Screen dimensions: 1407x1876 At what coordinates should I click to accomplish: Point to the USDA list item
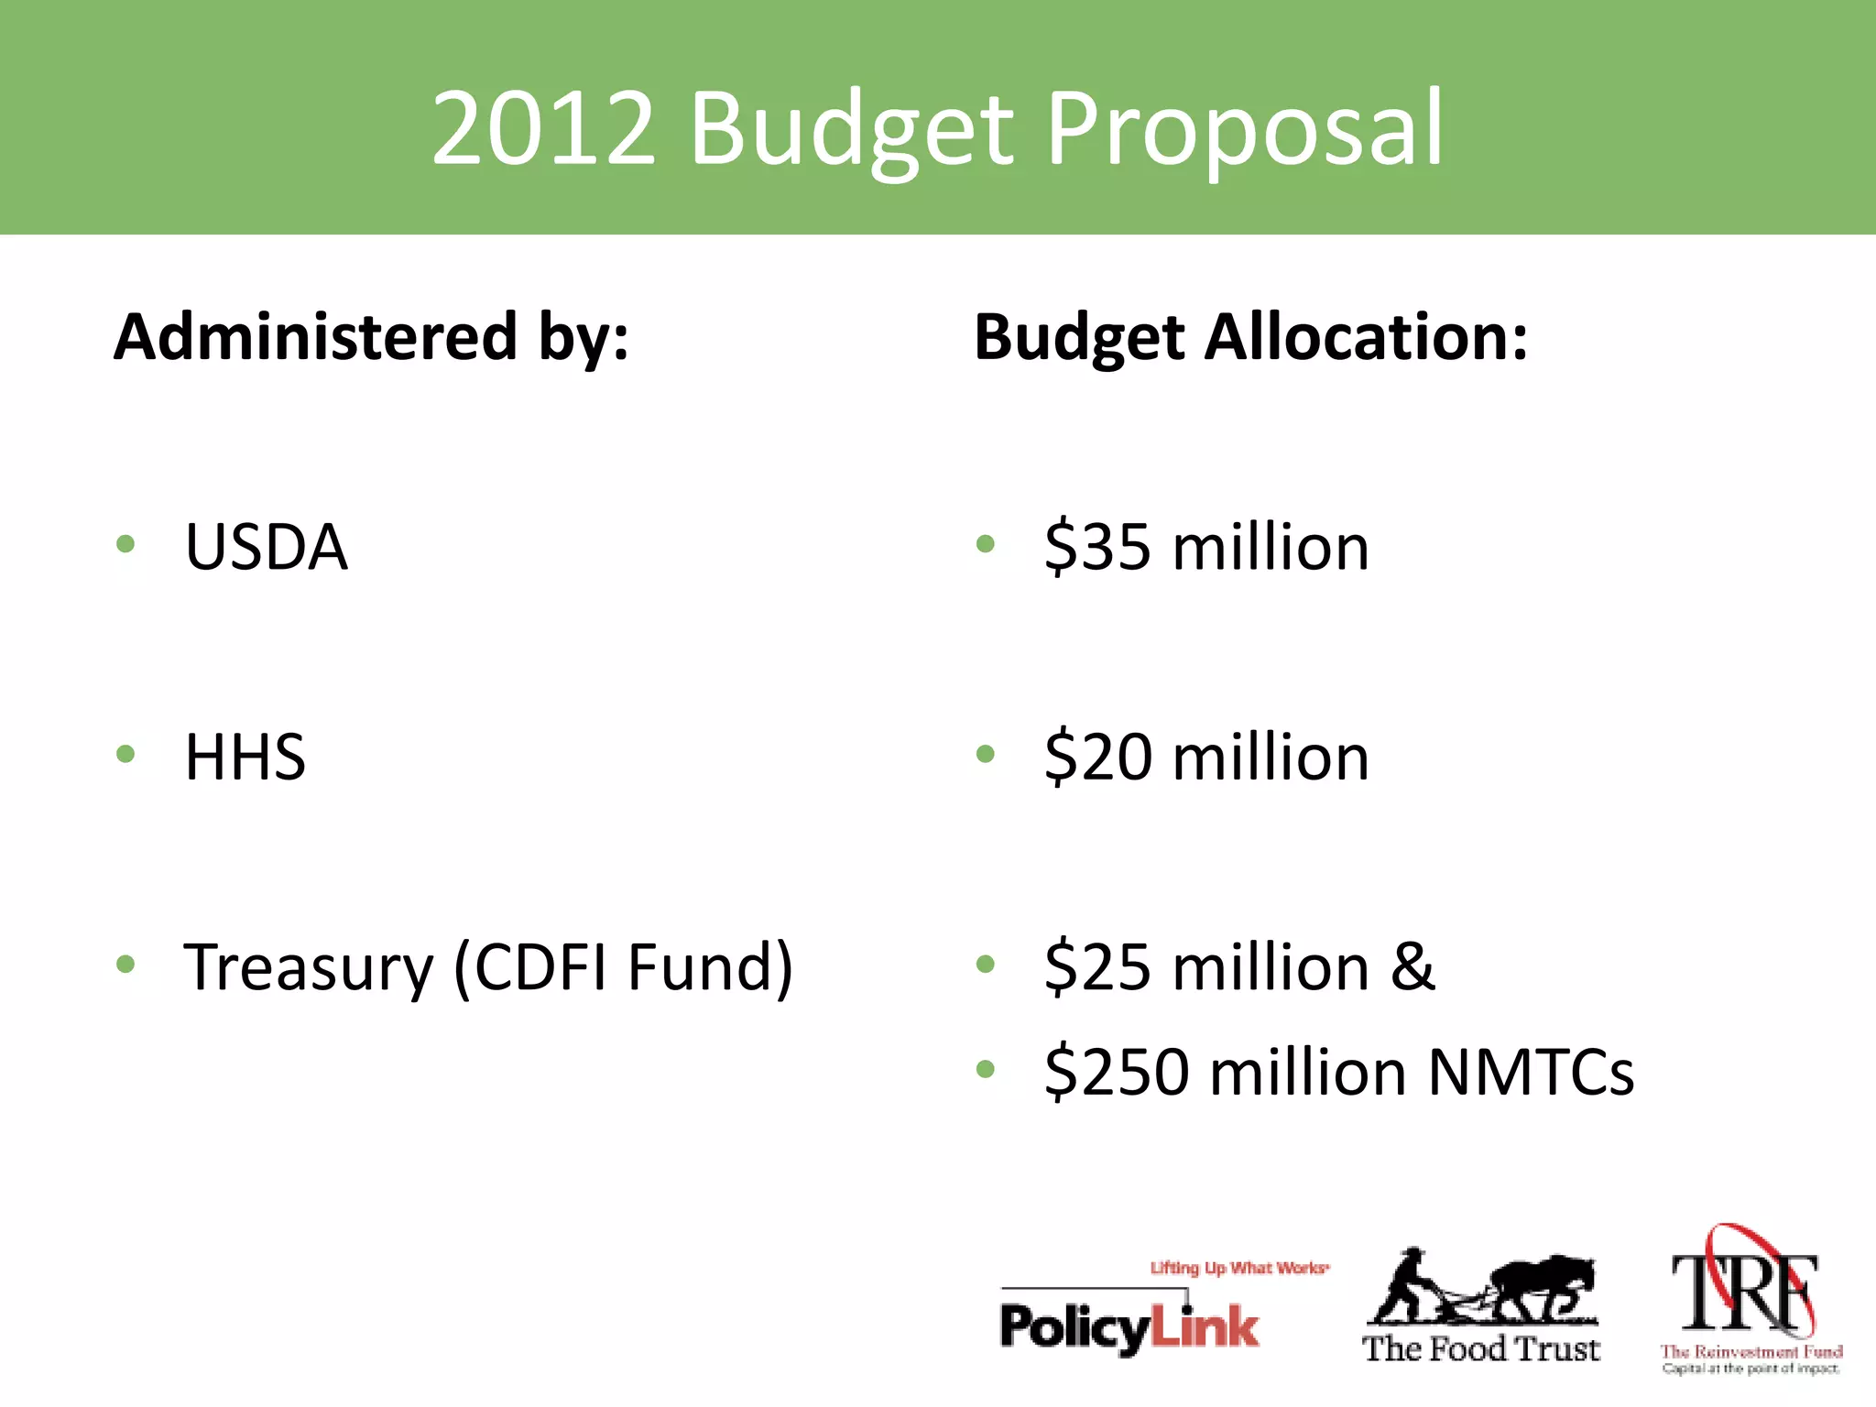tap(266, 547)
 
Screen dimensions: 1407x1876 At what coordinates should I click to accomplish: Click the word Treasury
tap(309, 968)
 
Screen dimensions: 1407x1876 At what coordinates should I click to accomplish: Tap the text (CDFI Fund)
tap(624, 967)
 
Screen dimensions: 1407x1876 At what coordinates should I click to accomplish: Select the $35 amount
tap(1097, 547)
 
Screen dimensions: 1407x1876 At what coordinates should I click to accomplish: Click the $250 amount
tap(1116, 1071)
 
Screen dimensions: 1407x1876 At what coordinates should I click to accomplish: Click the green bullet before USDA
tap(126, 544)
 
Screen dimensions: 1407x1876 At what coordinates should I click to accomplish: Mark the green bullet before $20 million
tap(986, 754)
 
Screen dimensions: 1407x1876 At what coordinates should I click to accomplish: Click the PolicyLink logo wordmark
tap(1129, 1326)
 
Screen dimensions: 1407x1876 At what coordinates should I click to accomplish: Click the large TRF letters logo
tap(1745, 1292)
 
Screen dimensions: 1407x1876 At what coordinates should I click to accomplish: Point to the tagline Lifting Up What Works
tap(1239, 1268)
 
